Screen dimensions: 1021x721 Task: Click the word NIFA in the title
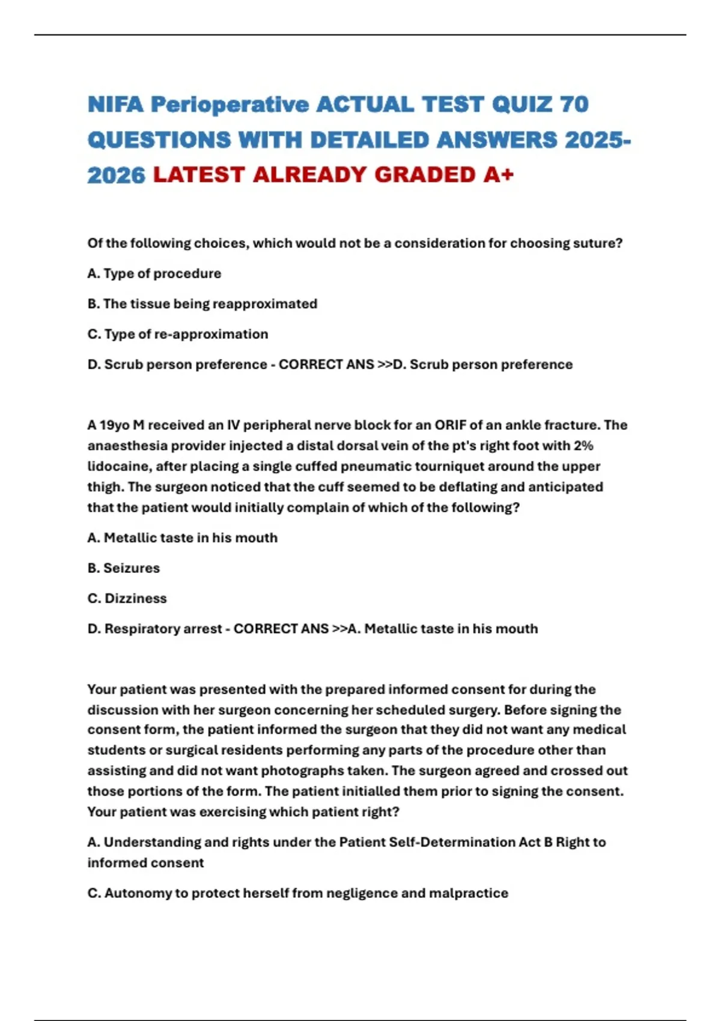point(115,105)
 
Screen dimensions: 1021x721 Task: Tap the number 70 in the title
point(574,105)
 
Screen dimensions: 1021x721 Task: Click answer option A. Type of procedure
point(154,273)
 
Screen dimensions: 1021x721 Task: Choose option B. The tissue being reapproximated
point(202,304)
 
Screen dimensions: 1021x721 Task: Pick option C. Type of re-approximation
point(178,334)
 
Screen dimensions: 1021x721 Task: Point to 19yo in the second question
point(114,425)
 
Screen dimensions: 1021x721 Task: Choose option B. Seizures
point(124,568)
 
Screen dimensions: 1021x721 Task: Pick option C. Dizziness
point(127,598)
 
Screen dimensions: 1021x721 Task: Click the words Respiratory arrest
point(163,629)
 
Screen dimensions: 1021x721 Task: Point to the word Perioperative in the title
point(230,105)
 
